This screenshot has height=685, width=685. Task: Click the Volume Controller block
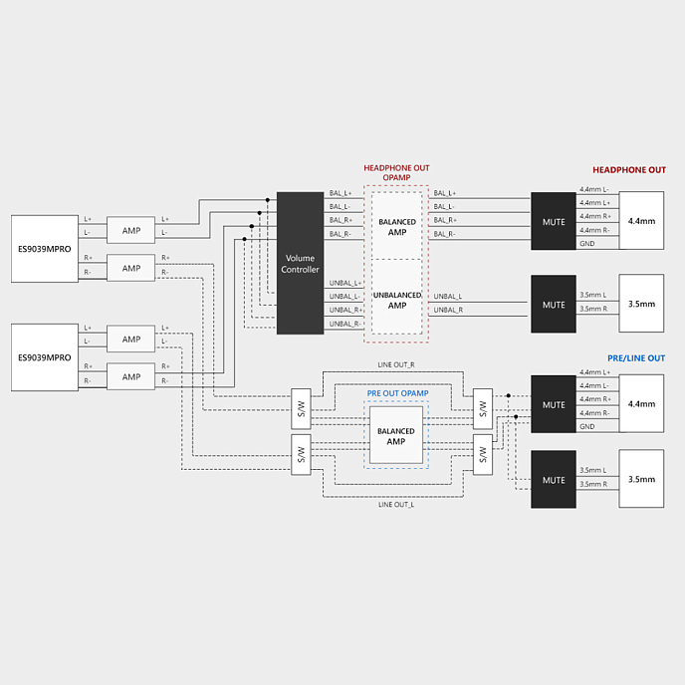300,263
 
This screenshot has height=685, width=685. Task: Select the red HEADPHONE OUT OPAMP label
396,173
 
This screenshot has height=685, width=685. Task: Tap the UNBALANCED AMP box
396,300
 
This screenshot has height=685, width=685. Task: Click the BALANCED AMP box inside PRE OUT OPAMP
395,436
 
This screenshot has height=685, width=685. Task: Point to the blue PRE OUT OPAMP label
397,393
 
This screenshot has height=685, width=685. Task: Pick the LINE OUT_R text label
396,365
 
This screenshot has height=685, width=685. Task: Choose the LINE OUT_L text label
396,504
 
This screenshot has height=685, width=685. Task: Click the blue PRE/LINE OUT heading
635,358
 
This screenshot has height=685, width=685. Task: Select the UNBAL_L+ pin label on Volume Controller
344,283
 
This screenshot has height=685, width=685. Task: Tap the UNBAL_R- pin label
344,324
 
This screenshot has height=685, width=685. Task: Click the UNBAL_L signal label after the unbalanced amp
448,296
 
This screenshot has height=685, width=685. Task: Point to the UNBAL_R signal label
448,310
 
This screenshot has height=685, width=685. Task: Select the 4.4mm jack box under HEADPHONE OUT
641,220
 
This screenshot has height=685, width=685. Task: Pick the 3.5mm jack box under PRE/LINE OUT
641,479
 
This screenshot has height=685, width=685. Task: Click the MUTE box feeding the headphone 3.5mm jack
554,303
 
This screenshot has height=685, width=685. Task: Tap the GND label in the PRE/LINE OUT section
587,426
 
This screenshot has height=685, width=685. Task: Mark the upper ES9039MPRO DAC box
44,248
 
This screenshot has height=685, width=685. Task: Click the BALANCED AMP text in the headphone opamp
396,228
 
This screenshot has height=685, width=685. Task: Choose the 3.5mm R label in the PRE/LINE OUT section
593,484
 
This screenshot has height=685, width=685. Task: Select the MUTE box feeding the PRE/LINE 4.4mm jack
554,404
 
